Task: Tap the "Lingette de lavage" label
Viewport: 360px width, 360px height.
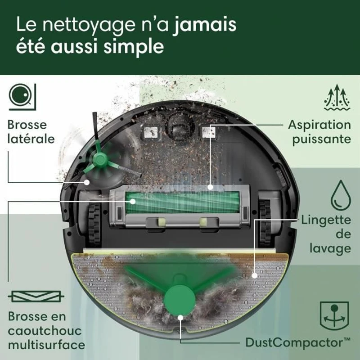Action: (x=326, y=234)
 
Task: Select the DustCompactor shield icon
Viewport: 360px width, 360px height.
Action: (x=333, y=311)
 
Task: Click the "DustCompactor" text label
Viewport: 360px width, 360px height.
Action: (x=292, y=342)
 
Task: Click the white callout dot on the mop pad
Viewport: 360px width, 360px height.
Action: (x=255, y=274)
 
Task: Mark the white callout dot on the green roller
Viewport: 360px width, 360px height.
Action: (x=133, y=202)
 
